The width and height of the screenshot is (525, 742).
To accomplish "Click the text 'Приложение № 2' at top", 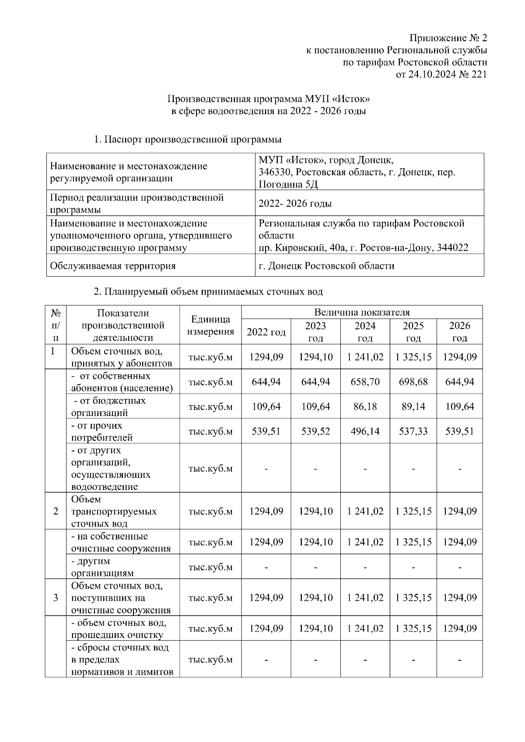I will click(448, 38).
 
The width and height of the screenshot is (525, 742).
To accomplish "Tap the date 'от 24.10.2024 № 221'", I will click(441, 74).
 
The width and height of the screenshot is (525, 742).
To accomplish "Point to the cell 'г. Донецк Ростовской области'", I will click(326, 266).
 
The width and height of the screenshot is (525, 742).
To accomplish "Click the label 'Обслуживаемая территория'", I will click(113, 266).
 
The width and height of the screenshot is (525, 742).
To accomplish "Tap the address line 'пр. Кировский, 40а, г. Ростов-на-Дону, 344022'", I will click(363, 248).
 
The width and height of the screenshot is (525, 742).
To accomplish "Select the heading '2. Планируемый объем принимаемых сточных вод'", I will click(208, 291).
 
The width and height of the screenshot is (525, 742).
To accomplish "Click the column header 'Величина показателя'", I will click(362, 312).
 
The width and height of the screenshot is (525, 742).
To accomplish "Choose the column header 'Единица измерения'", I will click(210, 326).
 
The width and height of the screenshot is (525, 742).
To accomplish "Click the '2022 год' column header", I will click(266, 332).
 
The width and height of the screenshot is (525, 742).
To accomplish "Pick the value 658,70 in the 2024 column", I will click(365, 382).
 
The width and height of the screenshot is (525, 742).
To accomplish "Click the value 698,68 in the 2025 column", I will click(413, 382).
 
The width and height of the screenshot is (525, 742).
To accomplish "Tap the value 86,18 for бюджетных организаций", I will click(365, 407).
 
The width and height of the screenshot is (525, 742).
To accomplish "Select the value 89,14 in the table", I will click(413, 407).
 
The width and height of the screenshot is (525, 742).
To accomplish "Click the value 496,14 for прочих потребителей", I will click(365, 432).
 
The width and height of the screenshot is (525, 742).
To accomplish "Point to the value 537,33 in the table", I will click(413, 432).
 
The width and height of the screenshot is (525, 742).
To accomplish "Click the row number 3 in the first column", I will click(56, 598).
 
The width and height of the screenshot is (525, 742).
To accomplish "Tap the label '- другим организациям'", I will click(103, 567).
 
